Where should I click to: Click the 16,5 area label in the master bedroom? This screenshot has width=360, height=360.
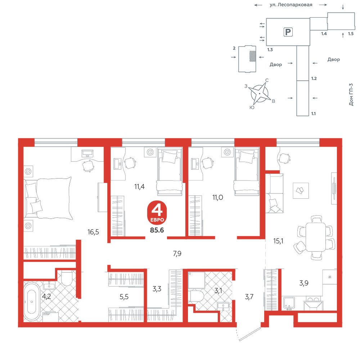(93, 232)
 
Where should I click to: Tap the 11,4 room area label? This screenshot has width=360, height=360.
(139, 186)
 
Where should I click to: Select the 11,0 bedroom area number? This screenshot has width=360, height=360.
(218, 197)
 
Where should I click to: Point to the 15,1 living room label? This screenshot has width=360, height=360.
(278, 241)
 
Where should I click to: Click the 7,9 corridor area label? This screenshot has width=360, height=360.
(177, 253)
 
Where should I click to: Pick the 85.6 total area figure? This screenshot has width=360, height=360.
(157, 230)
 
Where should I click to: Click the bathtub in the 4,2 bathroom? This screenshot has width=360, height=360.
(32, 302)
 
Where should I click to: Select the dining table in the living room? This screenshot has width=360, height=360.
(316, 237)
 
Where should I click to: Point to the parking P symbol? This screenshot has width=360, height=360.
(288, 32)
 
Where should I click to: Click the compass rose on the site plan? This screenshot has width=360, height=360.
(260, 94)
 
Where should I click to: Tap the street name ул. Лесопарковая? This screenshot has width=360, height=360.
(291, 5)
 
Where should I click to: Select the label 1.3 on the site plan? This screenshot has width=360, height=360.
(270, 50)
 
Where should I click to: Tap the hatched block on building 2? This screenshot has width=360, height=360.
(253, 56)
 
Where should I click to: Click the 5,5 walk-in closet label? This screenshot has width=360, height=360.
(124, 297)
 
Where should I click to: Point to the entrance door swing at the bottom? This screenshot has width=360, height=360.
(249, 333)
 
